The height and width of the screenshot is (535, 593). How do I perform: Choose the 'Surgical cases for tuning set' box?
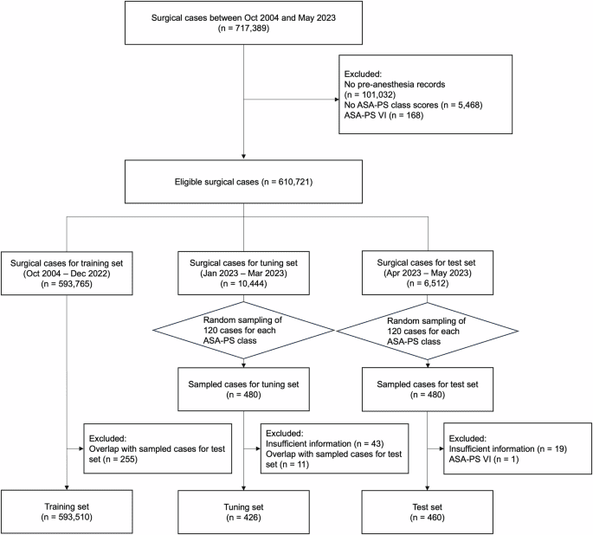[245, 268]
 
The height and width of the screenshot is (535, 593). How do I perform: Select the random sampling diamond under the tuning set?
[245, 330]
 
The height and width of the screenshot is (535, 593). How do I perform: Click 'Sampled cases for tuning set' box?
[245, 390]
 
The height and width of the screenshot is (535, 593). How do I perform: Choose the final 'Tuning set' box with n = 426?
[245, 508]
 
